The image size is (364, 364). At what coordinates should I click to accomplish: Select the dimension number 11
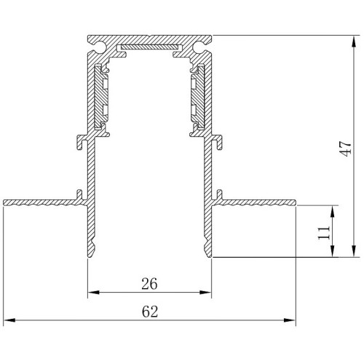tap(324, 233)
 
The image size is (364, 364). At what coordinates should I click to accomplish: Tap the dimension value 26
tap(149, 283)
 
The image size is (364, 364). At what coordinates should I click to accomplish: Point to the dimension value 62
tap(150, 312)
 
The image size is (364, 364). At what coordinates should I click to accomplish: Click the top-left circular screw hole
tap(100, 47)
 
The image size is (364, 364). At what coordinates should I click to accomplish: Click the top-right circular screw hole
tap(199, 47)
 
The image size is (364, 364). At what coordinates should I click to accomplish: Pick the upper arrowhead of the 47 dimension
tap(354, 41)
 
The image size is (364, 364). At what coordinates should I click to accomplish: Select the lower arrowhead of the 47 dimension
tap(354, 250)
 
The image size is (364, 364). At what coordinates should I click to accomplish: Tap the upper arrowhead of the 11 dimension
tap(333, 211)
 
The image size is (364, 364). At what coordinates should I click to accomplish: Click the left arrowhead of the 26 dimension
tap(94, 292)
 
